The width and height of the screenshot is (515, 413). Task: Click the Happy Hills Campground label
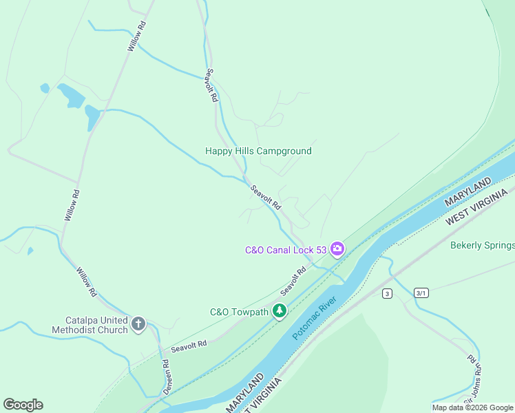tap(258, 151)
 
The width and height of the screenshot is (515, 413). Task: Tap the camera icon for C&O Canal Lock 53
tap(337, 248)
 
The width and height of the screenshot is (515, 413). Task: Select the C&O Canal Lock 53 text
tap(286, 250)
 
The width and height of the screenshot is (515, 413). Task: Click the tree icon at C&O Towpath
tap(280, 312)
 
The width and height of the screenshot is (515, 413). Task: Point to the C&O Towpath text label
tap(239, 312)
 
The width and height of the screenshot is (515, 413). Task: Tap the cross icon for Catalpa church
tap(138, 324)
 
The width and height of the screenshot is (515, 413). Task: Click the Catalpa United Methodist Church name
tap(90, 325)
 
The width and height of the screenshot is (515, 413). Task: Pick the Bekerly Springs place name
tap(482, 245)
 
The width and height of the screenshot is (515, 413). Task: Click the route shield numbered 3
tap(388, 294)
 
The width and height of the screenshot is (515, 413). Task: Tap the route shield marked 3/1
tap(421, 293)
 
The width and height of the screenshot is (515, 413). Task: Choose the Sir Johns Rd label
tap(473, 379)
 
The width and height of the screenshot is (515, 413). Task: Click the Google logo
tap(23, 405)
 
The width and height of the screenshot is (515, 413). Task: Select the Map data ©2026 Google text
tap(472, 407)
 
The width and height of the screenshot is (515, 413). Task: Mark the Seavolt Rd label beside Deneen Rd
tap(189, 347)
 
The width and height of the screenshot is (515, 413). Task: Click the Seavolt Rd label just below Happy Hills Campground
tap(266, 198)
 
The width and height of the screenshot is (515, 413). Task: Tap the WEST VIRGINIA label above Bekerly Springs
tap(479, 209)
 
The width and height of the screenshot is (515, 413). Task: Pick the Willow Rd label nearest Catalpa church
tap(86, 282)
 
